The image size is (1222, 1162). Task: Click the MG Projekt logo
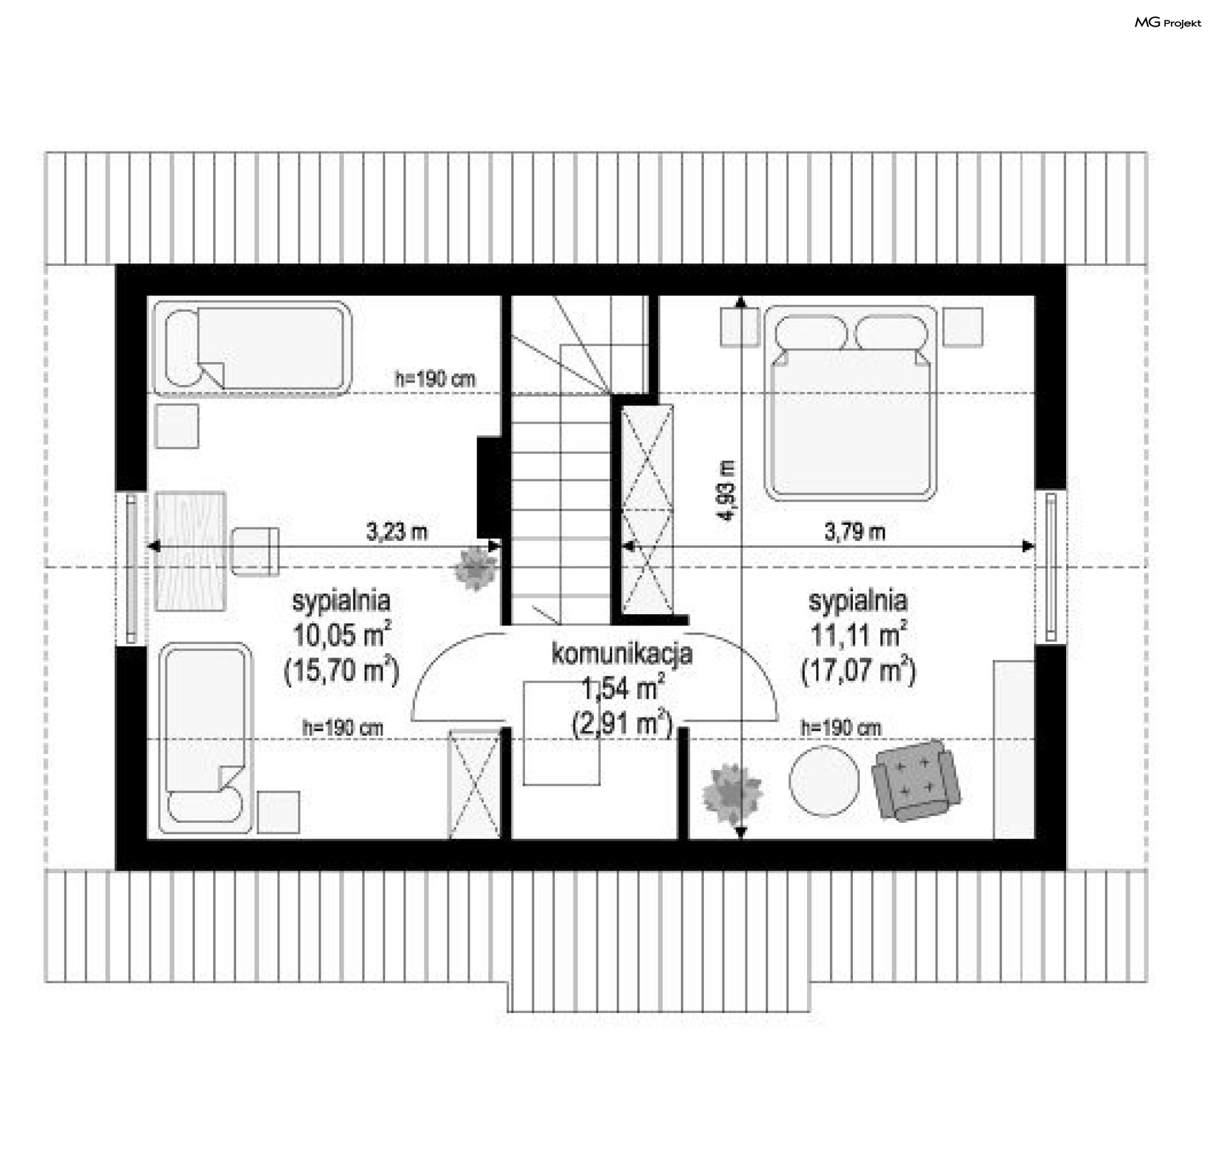[x=1168, y=23]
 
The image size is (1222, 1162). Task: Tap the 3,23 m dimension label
[x=397, y=531]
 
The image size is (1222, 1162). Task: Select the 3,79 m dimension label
[x=855, y=531]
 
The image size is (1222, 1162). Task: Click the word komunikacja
[x=622, y=654]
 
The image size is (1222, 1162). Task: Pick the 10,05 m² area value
[x=342, y=634]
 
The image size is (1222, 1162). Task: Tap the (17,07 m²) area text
[x=859, y=670]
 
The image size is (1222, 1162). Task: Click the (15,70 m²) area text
[x=342, y=670]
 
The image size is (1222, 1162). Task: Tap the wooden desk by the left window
[x=190, y=551]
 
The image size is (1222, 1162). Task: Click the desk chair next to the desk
[x=255, y=551]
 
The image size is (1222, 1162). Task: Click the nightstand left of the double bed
[x=739, y=326]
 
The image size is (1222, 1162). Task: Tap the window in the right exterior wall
[x=1050, y=566]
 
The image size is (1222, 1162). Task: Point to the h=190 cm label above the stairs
[x=435, y=379]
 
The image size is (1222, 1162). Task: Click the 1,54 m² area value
[x=623, y=689]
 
